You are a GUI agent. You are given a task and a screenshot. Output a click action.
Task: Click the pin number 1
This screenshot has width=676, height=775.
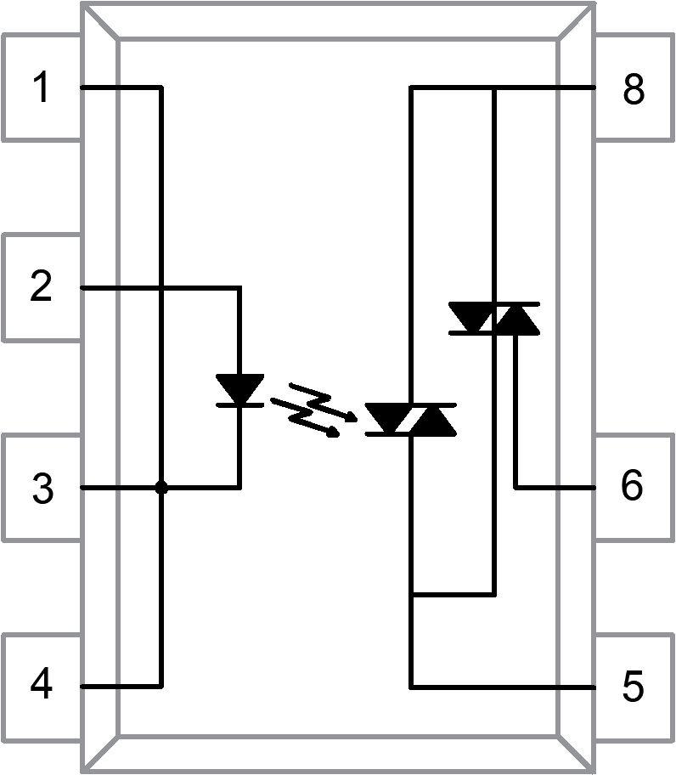point(41,88)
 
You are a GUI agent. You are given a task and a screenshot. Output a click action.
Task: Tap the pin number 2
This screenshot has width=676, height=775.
point(41,287)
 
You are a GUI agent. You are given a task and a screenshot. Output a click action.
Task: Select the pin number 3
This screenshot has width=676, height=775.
point(41,489)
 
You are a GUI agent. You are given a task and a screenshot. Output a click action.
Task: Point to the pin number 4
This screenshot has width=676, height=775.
point(41,685)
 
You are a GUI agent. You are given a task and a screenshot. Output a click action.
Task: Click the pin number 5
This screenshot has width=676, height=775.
point(633,687)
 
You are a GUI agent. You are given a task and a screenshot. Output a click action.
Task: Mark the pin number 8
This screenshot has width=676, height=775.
point(633,88)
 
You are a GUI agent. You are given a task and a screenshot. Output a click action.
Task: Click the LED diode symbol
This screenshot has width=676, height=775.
point(239,390)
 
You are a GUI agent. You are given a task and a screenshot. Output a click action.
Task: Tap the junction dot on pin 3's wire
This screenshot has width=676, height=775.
point(161,488)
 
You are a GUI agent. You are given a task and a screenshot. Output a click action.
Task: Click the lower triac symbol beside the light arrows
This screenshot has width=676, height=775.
point(410,419)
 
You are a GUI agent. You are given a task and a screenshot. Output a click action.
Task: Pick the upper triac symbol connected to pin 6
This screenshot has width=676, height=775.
point(493,318)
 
